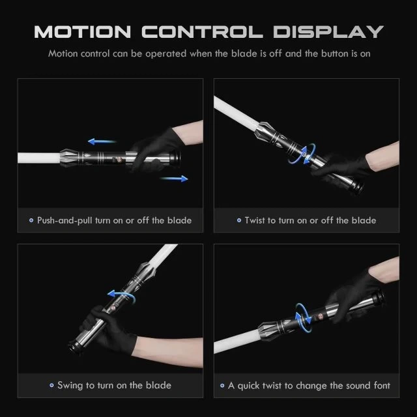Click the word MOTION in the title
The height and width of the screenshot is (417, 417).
[83, 32]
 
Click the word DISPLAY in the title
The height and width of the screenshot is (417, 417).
[328, 32]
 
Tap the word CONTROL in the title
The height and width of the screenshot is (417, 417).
[202, 32]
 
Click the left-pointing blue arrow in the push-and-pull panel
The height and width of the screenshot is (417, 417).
[102, 141]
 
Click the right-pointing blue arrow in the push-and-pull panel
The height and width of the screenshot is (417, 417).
[174, 179]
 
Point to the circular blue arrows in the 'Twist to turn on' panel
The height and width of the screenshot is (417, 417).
[302, 154]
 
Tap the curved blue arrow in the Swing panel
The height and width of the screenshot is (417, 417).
[121, 295]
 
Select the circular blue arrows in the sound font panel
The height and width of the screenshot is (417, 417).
[303, 318]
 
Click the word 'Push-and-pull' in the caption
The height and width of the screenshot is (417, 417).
[65, 220]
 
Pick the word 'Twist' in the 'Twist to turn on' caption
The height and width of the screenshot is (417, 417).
[255, 220]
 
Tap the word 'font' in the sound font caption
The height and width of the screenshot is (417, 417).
[382, 385]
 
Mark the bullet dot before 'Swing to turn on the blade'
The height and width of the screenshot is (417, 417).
[51, 385]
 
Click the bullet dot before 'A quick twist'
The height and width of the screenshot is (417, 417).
[222, 385]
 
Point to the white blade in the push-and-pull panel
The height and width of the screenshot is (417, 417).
[39, 158]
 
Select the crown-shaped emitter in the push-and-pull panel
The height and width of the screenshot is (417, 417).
[70, 158]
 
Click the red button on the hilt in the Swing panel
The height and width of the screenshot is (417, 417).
[113, 308]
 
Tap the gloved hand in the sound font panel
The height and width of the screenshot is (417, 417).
[351, 298]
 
